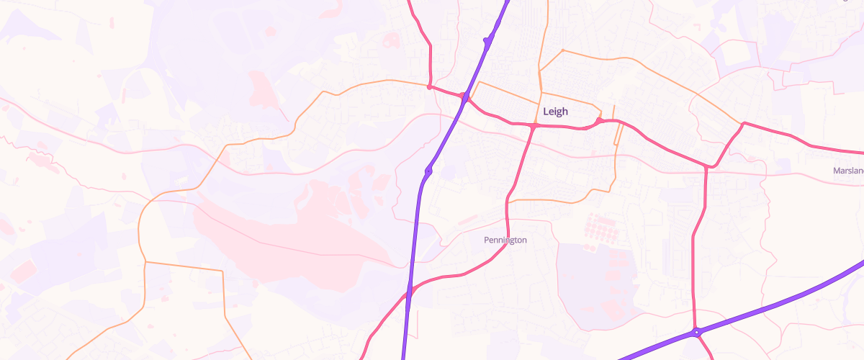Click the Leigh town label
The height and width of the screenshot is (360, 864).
[555, 112]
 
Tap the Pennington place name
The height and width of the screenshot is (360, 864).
[505, 240]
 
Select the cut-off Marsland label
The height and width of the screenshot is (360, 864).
[848, 171]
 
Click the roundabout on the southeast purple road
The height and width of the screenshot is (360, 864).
[696, 333]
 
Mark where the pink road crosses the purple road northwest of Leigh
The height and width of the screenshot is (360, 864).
[466, 96]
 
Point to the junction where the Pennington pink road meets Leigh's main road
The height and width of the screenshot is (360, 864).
[534, 126]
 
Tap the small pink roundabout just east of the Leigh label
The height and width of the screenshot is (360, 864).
[598, 121]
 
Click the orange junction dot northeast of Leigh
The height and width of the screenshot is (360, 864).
[563, 50]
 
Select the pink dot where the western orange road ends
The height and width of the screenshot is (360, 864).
[429, 87]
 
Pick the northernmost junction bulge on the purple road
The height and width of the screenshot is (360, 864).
[487, 41]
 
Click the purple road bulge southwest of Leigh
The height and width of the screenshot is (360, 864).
[428, 171]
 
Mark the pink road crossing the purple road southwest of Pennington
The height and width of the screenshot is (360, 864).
[409, 292]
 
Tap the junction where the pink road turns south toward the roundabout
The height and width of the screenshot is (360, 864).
[710, 167]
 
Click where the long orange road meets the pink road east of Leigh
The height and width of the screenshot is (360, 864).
[742, 124]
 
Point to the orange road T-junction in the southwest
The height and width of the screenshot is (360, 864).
[145, 262]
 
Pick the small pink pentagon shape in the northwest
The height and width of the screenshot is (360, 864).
[271, 32]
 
